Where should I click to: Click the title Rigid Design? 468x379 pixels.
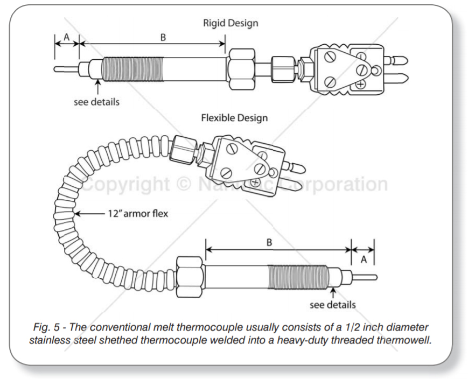click(230, 23)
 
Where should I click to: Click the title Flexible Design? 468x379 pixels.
click(234, 117)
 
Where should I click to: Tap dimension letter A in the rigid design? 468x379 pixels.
click(67, 36)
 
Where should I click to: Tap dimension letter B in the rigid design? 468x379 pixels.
click(163, 37)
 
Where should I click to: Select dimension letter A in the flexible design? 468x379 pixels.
click(363, 259)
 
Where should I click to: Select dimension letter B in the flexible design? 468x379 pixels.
click(269, 242)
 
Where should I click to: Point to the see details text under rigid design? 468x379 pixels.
click(96, 101)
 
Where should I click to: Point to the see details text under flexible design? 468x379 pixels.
click(332, 305)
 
